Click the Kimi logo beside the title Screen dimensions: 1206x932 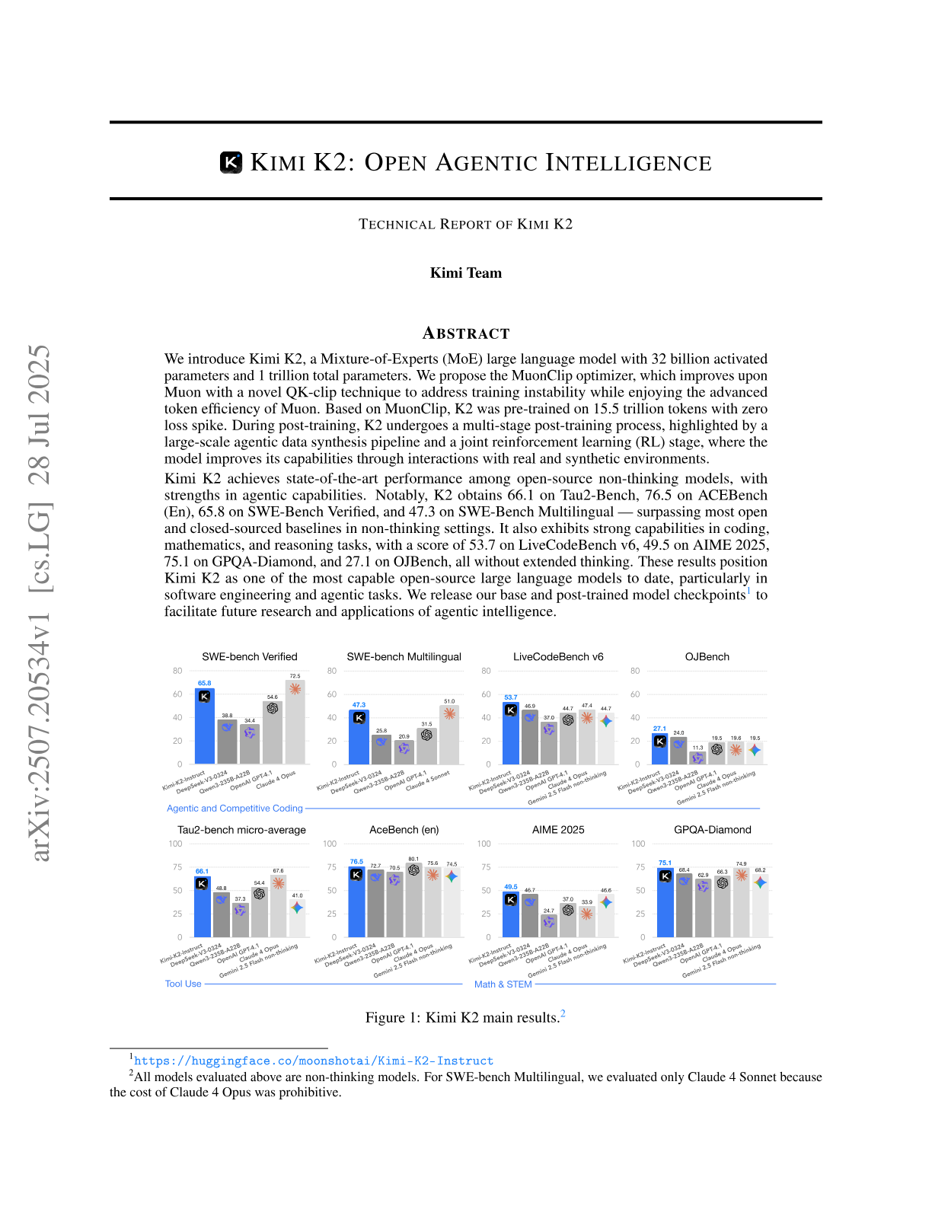click(x=231, y=162)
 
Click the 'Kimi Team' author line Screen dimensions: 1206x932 click(x=466, y=273)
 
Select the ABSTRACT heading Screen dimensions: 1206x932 click(x=466, y=333)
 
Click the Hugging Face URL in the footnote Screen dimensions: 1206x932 click(x=314, y=1061)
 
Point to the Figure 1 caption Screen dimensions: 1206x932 click(x=465, y=1017)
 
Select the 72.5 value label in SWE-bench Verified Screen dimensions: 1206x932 click(x=295, y=676)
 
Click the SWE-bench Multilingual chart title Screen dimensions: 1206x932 click(x=404, y=656)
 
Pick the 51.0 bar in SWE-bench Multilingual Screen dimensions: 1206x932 click(x=449, y=735)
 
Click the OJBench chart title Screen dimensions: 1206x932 click(x=707, y=656)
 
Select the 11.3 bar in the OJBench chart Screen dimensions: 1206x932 click(x=697, y=758)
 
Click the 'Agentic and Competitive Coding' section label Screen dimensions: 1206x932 click(x=235, y=809)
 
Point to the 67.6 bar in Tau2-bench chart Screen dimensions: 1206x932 click(x=278, y=906)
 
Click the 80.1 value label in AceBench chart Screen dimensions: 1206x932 click(x=413, y=859)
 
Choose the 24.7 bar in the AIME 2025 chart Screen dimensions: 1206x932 click(x=548, y=926)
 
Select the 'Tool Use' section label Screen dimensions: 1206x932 click(x=184, y=984)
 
